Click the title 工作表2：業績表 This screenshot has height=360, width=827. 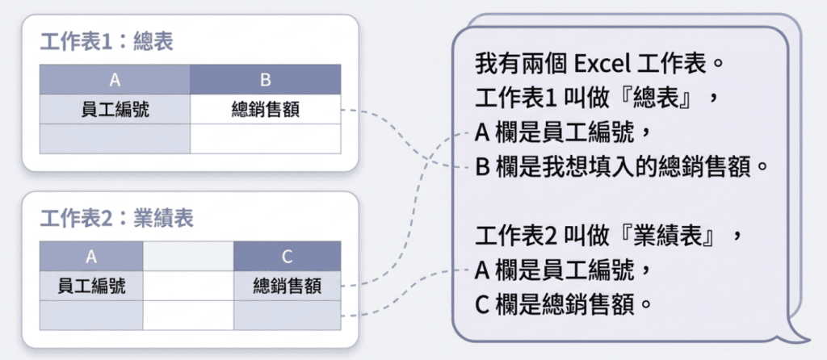tap(116, 218)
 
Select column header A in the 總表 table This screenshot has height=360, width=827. tap(115, 80)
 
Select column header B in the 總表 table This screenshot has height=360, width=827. tap(265, 80)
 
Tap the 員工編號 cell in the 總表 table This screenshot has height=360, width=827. tap(115, 109)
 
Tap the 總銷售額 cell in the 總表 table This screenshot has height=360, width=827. tap(265, 109)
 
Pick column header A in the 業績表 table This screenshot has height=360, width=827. tap(91, 256)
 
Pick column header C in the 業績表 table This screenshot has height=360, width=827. tap(287, 256)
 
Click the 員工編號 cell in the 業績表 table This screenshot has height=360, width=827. tap(91, 285)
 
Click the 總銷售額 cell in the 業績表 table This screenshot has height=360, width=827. tap(287, 285)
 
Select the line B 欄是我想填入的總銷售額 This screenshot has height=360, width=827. tap(619, 168)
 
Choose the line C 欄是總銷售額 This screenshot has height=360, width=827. tap(563, 307)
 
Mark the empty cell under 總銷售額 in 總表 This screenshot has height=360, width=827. tap(265, 138)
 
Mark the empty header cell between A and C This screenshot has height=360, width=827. tap(188, 256)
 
